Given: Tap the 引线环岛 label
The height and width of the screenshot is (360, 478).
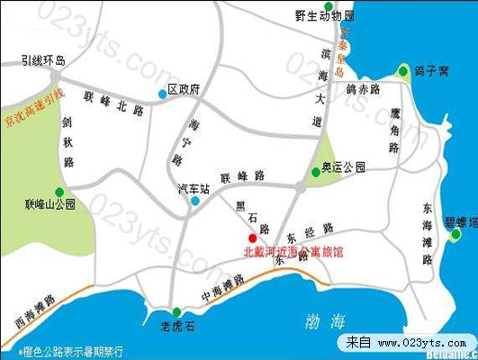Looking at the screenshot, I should (x=45, y=61).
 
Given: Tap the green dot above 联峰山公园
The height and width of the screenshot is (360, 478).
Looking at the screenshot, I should (x=59, y=191).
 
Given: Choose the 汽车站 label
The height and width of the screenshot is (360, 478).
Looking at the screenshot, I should (x=194, y=189).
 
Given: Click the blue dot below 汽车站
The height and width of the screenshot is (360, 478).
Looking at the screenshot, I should (x=194, y=201).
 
